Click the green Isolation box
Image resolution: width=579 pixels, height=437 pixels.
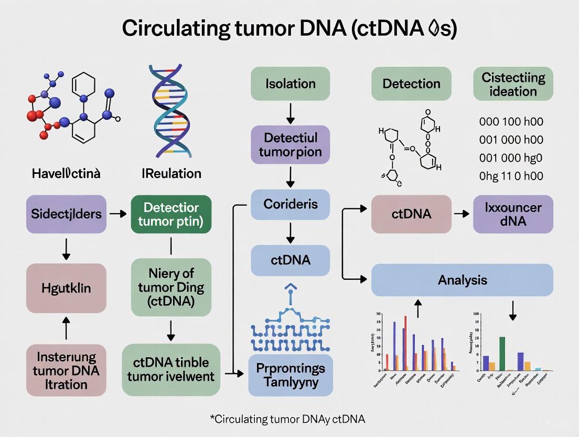click(291, 84)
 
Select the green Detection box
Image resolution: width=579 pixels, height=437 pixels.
click(411, 84)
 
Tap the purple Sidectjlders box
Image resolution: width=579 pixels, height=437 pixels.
click(66, 214)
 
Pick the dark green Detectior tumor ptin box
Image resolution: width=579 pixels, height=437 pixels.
click(171, 214)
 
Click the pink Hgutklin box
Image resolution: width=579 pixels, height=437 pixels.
click(66, 288)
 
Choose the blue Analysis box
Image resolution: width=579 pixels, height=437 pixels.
click(462, 280)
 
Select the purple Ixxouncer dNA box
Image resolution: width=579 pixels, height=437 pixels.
click(513, 214)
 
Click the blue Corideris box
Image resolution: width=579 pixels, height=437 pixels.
click(291, 204)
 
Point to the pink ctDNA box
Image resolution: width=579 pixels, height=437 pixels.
click(411, 214)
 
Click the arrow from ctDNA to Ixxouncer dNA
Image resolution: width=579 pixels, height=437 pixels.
click(462, 214)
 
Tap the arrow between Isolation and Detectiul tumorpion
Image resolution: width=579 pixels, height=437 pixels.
click(291, 113)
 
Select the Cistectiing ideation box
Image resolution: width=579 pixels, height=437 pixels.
click(513, 84)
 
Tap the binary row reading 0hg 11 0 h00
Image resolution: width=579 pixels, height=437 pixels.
click(511, 176)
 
